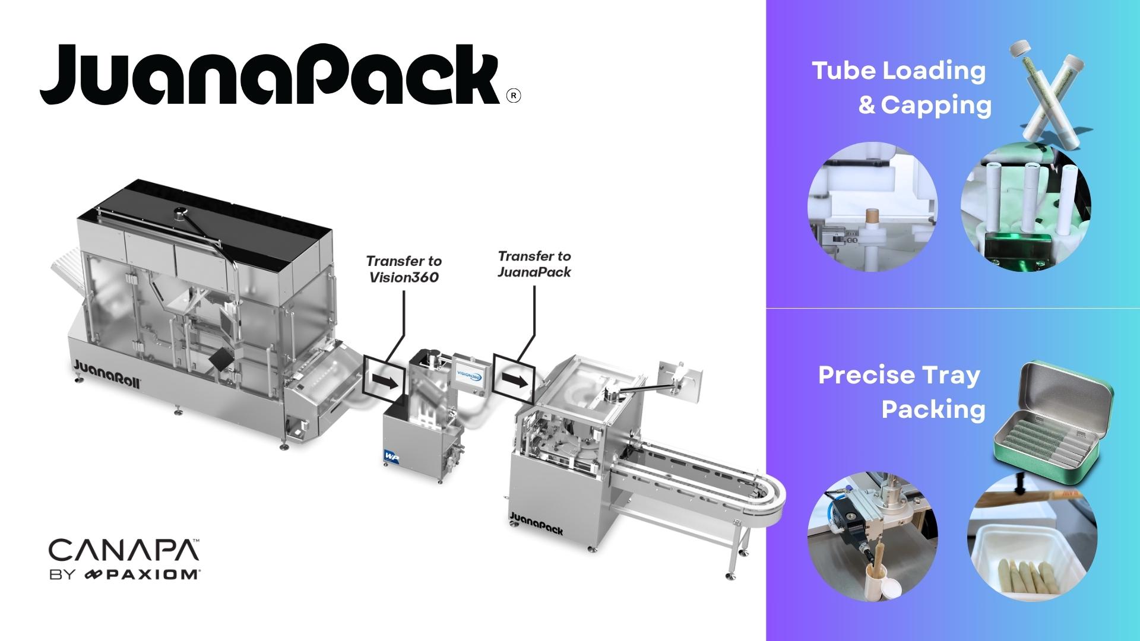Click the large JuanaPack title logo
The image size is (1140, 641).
click(x=270, y=75)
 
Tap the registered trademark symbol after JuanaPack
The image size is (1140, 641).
click(x=514, y=96)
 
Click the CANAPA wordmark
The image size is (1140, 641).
click(x=124, y=551)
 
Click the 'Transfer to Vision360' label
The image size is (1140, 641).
click(x=404, y=269)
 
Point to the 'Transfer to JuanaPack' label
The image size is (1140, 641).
click(x=534, y=264)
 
